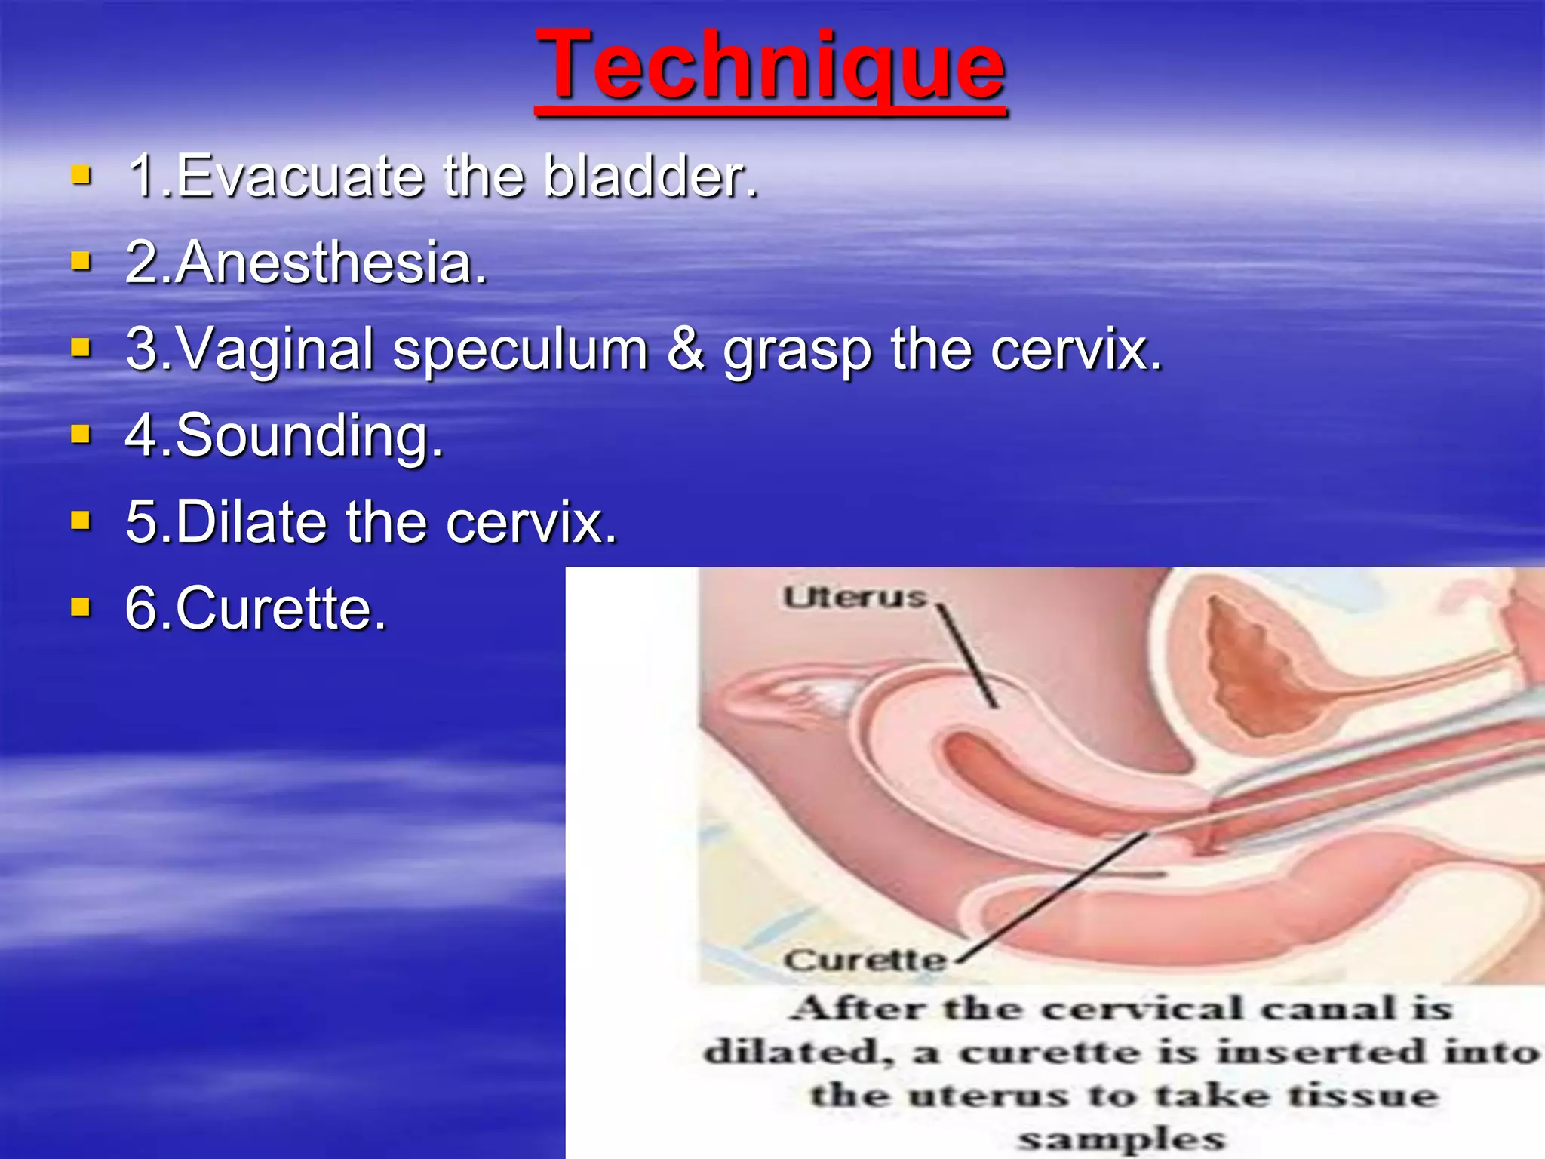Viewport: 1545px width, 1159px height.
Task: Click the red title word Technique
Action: click(x=770, y=66)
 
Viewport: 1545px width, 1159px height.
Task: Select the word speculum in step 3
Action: click(x=520, y=350)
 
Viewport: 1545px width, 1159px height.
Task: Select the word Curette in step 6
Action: click(x=280, y=608)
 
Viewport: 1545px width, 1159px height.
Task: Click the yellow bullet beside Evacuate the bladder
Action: click(x=81, y=176)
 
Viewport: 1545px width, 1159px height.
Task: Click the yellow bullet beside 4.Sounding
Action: click(x=81, y=435)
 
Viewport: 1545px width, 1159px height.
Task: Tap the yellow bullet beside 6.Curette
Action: click(x=81, y=607)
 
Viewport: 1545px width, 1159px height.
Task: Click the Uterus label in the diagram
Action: click(x=854, y=598)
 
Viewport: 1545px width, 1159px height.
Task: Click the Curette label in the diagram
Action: click(x=865, y=960)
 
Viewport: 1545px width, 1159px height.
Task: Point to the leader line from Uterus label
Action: click(x=969, y=656)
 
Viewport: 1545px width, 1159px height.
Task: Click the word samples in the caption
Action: click(x=1121, y=1138)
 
